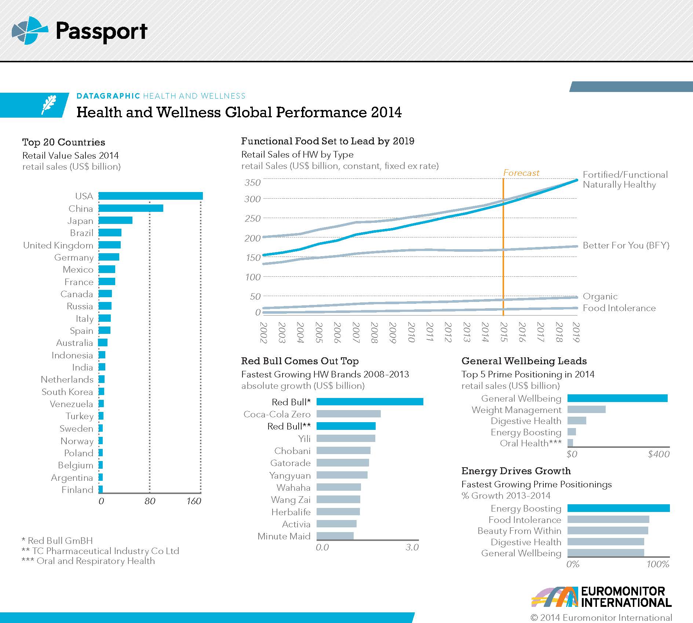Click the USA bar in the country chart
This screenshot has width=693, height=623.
[x=150, y=196]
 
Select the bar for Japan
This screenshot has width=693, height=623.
[x=115, y=221]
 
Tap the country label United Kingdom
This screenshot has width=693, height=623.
[x=58, y=245]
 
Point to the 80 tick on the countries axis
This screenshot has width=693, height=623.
[x=150, y=501]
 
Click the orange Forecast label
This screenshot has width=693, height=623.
[x=521, y=173]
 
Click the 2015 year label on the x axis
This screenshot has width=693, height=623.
[x=504, y=332]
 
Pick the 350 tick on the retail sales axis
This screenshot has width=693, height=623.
[x=252, y=183]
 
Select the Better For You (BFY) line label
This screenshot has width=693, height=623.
[x=626, y=246]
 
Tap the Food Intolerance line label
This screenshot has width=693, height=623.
[x=619, y=308]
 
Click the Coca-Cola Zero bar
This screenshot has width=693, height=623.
[x=348, y=414]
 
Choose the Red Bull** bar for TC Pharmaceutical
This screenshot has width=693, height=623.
[x=346, y=426]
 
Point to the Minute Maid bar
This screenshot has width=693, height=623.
[x=335, y=536]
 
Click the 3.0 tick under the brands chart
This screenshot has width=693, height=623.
[x=412, y=548]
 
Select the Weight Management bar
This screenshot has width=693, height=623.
[x=586, y=410]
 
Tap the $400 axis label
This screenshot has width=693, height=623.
[x=659, y=454]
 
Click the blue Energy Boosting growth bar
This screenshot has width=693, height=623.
[x=618, y=508]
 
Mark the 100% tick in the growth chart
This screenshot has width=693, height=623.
[x=658, y=564]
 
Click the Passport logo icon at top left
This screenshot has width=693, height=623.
[x=29, y=30]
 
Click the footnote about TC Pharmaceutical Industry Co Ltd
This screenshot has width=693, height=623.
[x=101, y=551]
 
